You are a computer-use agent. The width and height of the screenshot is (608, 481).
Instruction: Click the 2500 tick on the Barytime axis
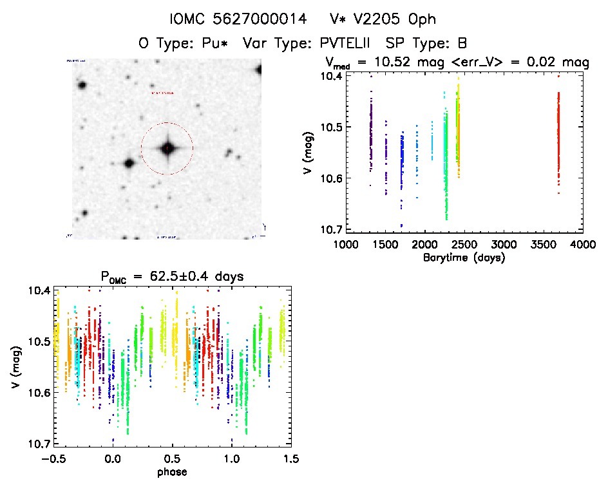point(464,245)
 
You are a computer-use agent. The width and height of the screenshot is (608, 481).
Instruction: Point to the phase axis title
point(172,472)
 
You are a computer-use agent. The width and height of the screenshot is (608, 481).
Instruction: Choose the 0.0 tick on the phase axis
point(113,460)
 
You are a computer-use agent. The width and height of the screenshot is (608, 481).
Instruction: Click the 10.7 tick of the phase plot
point(39,444)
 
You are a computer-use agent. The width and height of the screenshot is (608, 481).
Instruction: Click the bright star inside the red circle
point(167,148)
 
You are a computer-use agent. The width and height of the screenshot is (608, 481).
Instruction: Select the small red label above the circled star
point(162,94)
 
